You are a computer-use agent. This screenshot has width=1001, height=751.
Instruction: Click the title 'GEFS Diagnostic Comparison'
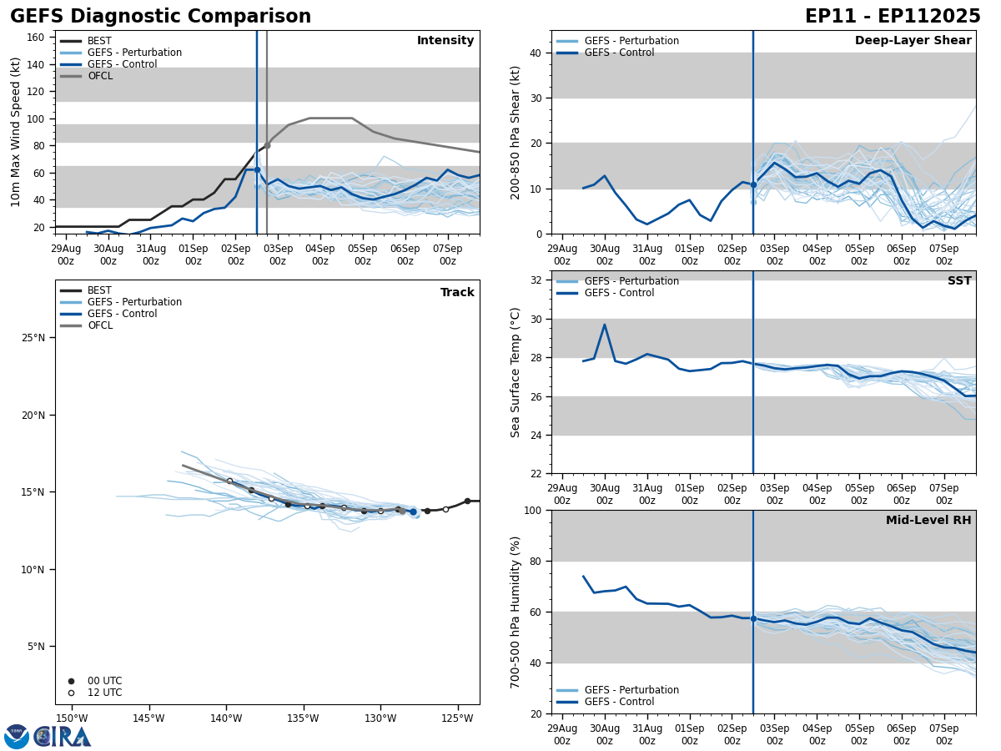[160, 17]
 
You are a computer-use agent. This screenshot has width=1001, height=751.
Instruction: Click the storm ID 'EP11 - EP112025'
[892, 17]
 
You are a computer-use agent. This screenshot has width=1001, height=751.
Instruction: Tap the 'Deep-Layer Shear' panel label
[913, 41]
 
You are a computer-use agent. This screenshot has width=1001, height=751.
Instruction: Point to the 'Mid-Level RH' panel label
[928, 521]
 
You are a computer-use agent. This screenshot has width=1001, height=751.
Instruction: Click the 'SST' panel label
[958, 281]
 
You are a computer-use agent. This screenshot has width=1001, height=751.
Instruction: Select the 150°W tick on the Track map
[72, 718]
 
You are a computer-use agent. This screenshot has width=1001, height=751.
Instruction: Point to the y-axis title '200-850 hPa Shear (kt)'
[516, 132]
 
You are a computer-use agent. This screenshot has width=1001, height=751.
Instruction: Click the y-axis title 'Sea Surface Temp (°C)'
[516, 372]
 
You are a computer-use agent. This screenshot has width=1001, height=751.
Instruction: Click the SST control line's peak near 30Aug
[604, 325]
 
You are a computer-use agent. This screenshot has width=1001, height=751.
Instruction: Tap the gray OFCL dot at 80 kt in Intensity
[267, 145]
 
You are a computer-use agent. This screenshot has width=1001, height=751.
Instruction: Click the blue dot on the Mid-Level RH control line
[753, 618]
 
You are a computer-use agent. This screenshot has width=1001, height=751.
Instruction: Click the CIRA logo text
[63, 737]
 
